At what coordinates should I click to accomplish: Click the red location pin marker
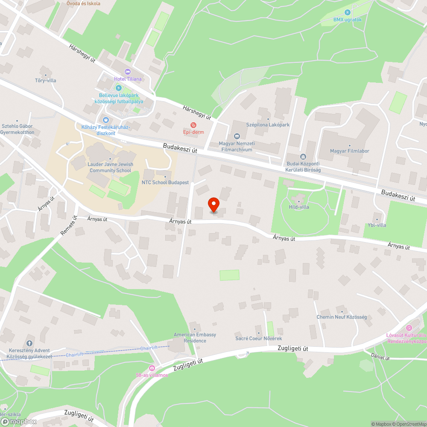click(x=213, y=205)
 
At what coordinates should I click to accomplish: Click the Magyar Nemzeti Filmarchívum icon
click(x=237, y=137)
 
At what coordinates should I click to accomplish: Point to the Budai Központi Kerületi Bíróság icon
click(x=303, y=157)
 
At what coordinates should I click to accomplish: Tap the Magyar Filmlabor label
click(x=349, y=151)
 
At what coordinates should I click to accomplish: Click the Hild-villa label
click(x=298, y=207)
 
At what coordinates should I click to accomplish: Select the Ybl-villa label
click(x=377, y=225)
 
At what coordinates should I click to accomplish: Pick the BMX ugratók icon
click(x=347, y=12)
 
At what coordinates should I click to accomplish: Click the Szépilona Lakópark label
click(x=268, y=125)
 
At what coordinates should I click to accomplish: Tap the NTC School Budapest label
click(x=165, y=182)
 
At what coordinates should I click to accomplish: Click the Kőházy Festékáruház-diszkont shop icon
click(x=105, y=120)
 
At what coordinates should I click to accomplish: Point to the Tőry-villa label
click(x=45, y=80)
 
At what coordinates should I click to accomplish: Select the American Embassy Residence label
click(x=195, y=338)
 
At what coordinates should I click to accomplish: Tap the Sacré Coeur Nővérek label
click(x=259, y=339)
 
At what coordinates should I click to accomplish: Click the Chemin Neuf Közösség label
click(x=342, y=317)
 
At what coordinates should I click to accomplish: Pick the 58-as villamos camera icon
click(x=152, y=368)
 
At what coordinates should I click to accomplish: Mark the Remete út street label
click(x=68, y=226)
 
